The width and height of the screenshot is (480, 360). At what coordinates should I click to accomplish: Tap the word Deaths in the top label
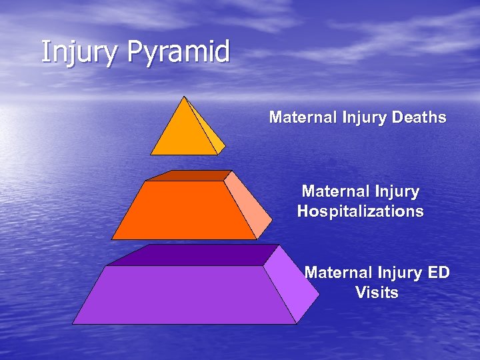pos(419,118)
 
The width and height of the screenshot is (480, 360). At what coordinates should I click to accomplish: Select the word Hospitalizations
pos(360,212)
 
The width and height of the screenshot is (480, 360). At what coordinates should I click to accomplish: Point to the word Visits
pos(377,293)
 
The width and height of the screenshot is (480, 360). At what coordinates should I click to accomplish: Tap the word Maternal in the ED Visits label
pos(338,273)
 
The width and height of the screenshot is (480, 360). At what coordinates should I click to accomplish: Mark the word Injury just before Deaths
pos(365,118)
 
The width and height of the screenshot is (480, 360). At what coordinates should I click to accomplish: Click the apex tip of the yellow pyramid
pos(185,97)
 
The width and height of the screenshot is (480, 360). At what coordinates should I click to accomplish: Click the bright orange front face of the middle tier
pos(184,211)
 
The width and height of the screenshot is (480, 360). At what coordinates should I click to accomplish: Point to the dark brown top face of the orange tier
pos(187,176)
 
